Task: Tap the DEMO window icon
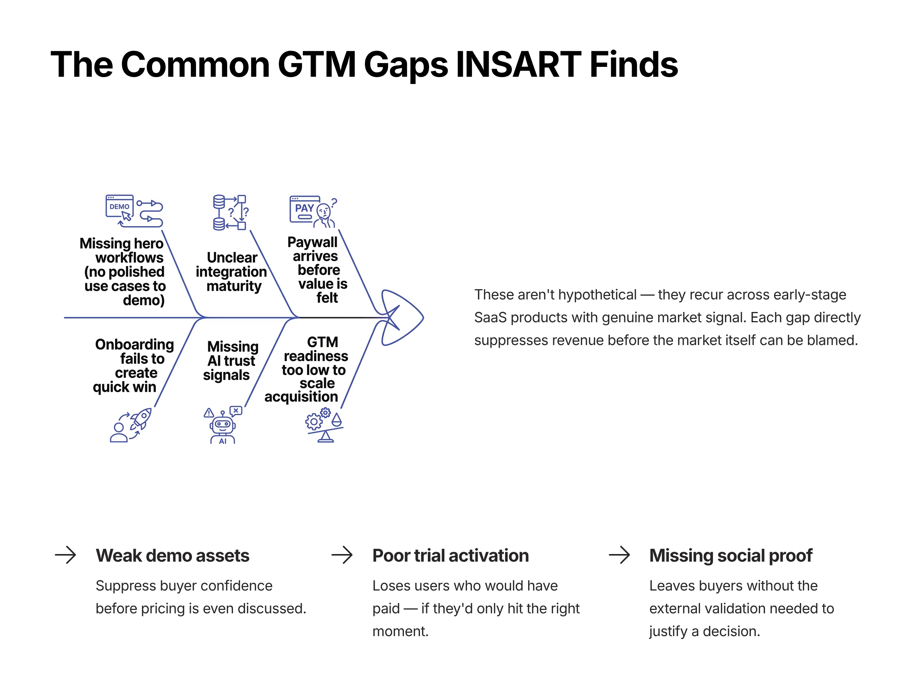[120, 207]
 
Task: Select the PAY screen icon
[305, 209]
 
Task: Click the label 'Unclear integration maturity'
[232, 272]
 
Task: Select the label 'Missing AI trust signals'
[231, 361]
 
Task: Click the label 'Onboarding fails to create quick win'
[132, 366]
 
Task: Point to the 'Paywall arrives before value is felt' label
[317, 270]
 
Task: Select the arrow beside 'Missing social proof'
[619, 555]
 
